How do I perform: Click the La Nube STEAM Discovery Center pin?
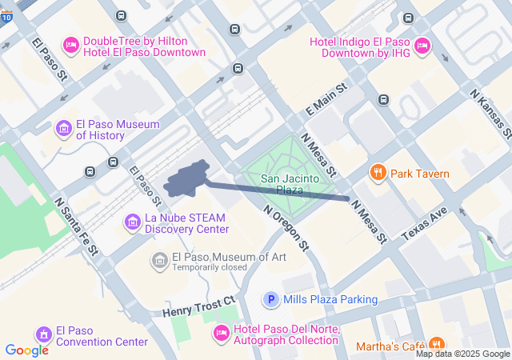click(x=132, y=220)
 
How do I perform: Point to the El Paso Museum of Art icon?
click(x=160, y=260)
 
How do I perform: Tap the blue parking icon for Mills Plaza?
click(x=272, y=300)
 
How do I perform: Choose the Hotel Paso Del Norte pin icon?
click(x=222, y=332)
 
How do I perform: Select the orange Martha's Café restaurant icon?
click(x=436, y=345)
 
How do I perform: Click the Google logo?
click(x=26, y=350)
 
